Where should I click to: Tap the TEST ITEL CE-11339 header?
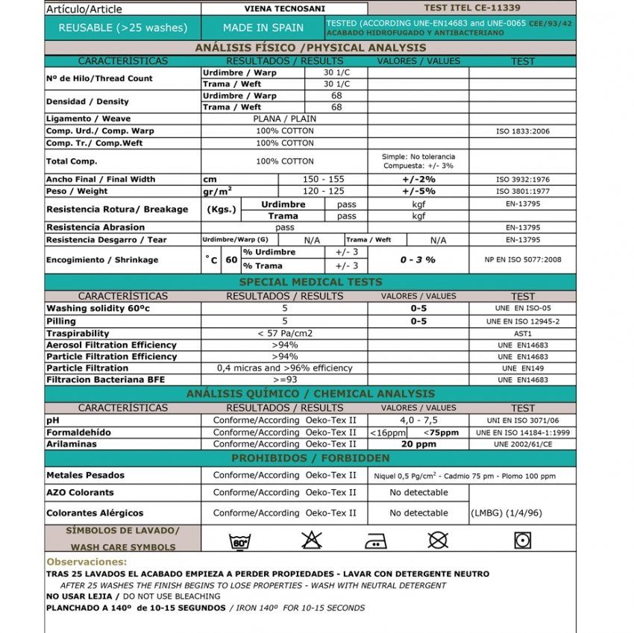tap(471, 8)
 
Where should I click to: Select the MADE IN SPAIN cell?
tap(263, 28)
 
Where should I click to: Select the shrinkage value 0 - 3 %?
tap(418, 259)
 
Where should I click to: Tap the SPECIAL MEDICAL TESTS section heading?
tap(310, 282)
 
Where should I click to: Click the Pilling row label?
tap(60, 321)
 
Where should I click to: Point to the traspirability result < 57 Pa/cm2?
tap(284, 333)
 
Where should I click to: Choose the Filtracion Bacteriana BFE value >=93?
tap(284, 380)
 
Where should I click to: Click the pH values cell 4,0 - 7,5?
tap(418, 421)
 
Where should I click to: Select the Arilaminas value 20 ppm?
tap(418, 444)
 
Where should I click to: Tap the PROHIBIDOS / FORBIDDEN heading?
tap(310, 458)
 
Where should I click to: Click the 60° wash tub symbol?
tap(240, 541)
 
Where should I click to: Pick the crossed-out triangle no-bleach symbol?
tap(310, 540)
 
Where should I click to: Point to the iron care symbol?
tap(375, 541)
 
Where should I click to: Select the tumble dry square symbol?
tap(522, 540)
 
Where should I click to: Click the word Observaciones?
tap(87, 561)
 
